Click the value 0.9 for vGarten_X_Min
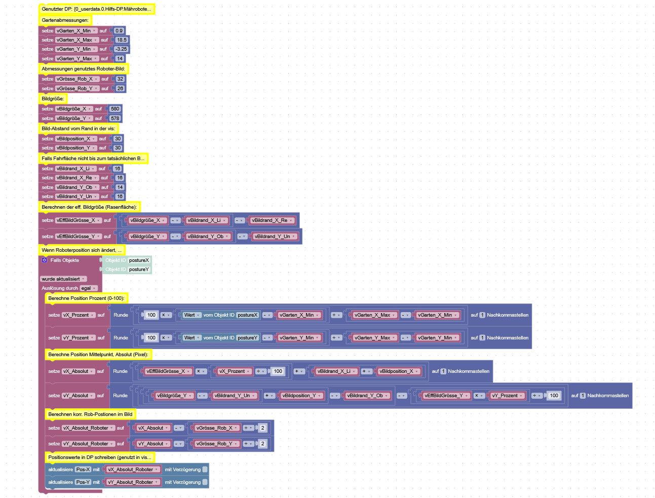coord(119,30)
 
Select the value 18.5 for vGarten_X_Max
coord(122,40)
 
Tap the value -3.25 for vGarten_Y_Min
coord(121,49)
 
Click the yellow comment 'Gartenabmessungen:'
coord(65,20)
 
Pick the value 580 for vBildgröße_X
coord(115,108)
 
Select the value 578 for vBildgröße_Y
coord(115,118)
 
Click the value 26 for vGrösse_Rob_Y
coord(120,88)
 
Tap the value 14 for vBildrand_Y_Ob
coord(120,187)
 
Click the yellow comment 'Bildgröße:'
coord(53,98)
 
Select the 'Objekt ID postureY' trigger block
coord(127,269)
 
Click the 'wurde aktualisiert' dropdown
coord(63,279)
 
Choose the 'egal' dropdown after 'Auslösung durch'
coord(89,288)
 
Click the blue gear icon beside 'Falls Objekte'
coord(45,260)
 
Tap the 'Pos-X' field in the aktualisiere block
coord(83,469)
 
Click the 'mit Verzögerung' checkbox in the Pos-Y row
coord(205,482)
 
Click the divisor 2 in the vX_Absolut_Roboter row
coord(262,428)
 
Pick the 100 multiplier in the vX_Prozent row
coord(151,315)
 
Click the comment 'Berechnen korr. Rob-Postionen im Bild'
coord(90,414)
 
